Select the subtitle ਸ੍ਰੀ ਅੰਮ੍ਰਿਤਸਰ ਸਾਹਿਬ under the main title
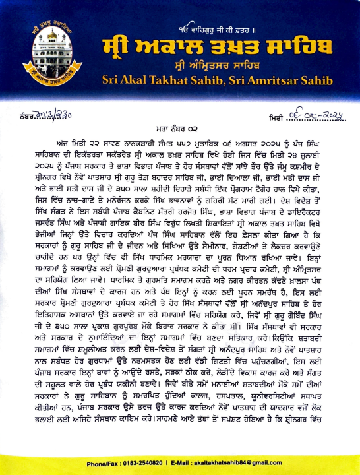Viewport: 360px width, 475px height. (x=227, y=67)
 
